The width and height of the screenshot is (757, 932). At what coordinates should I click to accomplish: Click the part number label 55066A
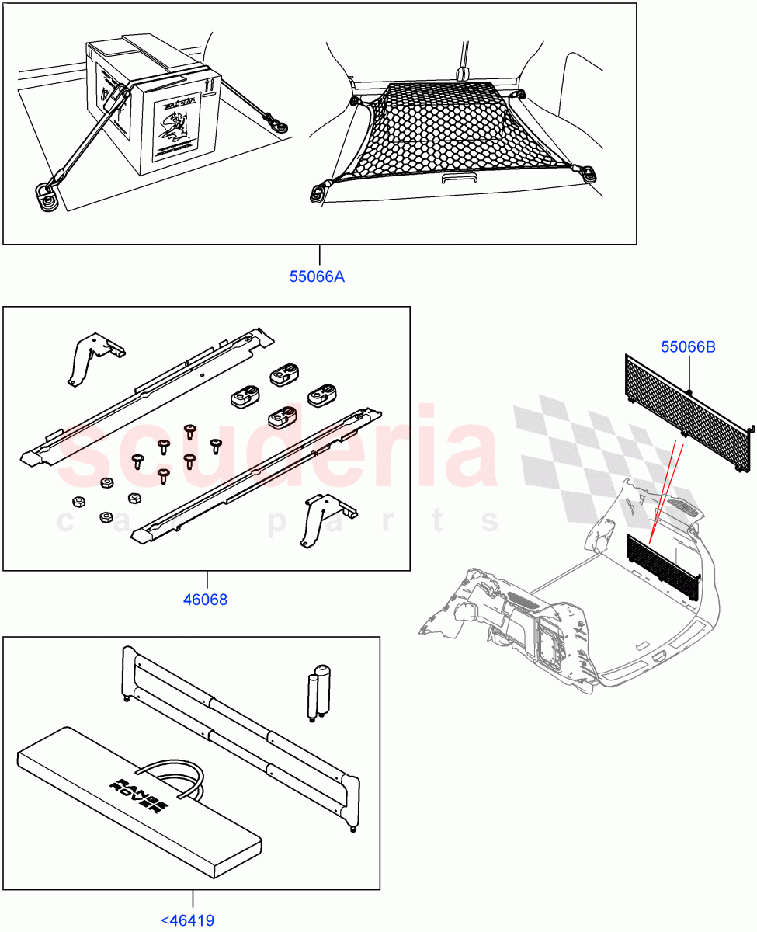[317, 276]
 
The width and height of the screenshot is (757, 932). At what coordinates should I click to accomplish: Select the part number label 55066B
[688, 347]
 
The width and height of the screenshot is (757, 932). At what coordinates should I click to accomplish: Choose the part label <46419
[188, 921]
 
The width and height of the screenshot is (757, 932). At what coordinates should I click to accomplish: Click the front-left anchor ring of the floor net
[319, 192]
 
